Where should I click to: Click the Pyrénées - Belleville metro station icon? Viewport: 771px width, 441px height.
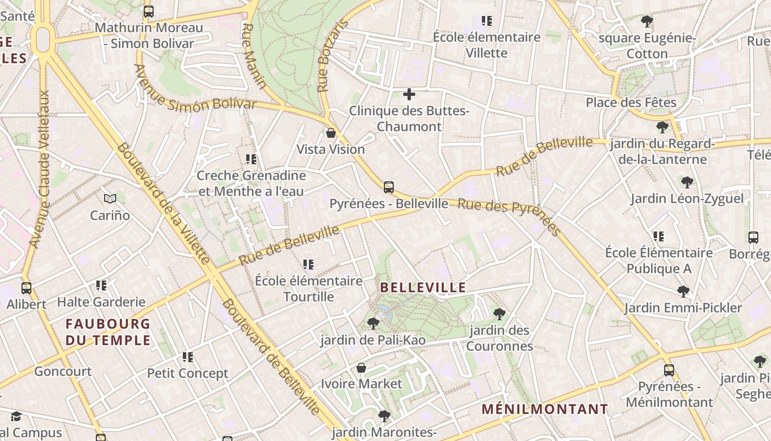pyautogui.click(x=389, y=187)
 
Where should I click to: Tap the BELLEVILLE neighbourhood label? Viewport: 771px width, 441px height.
pyautogui.click(x=423, y=287)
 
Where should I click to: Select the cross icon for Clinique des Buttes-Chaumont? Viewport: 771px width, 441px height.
pyautogui.click(x=409, y=94)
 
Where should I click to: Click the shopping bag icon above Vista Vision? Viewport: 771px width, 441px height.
pyautogui.click(x=331, y=133)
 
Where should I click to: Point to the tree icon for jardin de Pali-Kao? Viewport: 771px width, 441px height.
pyautogui.click(x=373, y=324)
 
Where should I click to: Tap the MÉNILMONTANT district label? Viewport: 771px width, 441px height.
pyautogui.click(x=545, y=410)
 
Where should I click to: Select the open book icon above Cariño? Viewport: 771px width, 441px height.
pyautogui.click(x=110, y=198)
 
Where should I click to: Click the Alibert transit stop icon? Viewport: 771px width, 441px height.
pyautogui.click(x=26, y=288)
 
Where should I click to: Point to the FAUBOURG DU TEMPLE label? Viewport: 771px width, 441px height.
pyautogui.click(x=108, y=332)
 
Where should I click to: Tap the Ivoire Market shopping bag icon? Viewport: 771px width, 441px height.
pyautogui.click(x=361, y=367)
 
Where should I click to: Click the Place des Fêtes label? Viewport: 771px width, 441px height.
pyautogui.click(x=631, y=103)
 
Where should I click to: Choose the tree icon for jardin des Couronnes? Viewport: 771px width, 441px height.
pyautogui.click(x=499, y=314)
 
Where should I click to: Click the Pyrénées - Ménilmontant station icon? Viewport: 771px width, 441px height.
pyautogui.click(x=669, y=370)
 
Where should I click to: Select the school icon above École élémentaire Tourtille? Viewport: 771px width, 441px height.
pyautogui.click(x=308, y=265)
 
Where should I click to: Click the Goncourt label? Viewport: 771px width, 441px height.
pyautogui.click(x=63, y=372)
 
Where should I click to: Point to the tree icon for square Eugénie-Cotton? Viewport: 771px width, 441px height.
pyautogui.click(x=647, y=22)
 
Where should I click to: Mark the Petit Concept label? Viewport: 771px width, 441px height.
pyautogui.click(x=187, y=374)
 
